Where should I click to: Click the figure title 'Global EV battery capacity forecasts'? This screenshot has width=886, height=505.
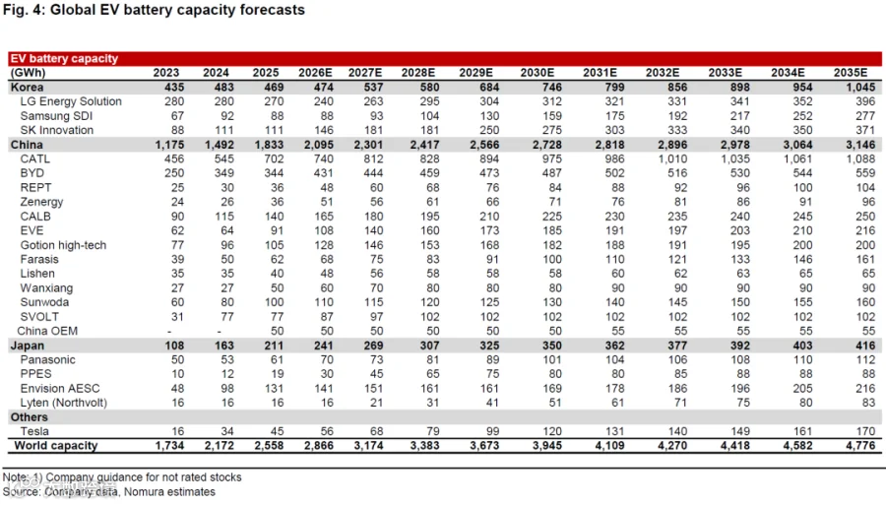coord(177,10)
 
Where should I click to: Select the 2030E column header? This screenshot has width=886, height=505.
coord(538,73)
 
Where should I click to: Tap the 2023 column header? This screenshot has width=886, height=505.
coord(166,73)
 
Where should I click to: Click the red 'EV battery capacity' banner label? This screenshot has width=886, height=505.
coord(64,58)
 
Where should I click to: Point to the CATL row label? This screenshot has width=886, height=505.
coord(35,158)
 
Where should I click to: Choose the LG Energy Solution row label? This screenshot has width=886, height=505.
coord(71,101)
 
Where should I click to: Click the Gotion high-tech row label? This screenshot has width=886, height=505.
coord(63,245)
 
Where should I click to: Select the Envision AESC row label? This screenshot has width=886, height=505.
coord(60,389)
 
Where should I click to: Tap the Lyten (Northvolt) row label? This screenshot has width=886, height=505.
coord(64,403)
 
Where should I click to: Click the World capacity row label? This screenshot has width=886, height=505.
coord(56,446)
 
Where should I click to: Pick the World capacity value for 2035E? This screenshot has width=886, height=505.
coord(860,446)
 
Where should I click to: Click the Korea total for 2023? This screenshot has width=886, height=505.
coord(174,87)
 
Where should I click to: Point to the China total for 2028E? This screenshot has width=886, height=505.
coord(425,145)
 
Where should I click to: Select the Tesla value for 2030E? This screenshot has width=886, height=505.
coord(552,431)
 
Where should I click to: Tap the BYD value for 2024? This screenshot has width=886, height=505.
coord(224,173)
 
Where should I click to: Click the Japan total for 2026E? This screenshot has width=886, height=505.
coord(324,346)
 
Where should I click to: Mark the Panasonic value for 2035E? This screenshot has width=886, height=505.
coord(865,360)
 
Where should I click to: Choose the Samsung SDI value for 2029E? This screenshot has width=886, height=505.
coord(489,116)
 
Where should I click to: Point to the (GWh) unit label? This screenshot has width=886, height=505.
coord(28,73)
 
